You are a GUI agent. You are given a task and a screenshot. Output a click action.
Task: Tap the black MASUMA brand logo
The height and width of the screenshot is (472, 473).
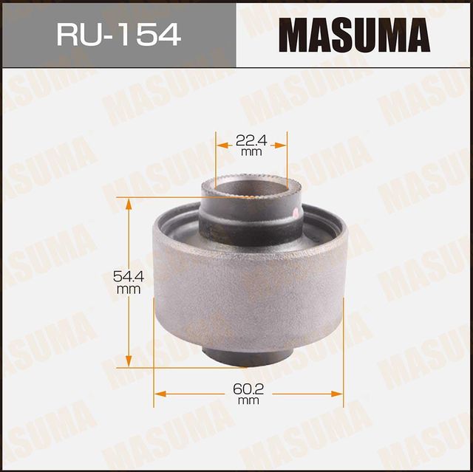tap(355, 35)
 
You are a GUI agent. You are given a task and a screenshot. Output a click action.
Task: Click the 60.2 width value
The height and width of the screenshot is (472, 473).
tap(248, 388)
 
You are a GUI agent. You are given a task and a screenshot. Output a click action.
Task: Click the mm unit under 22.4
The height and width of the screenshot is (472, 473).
tap(251, 152)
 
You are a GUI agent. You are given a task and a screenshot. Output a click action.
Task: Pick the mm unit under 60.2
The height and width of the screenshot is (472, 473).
tap(248, 400)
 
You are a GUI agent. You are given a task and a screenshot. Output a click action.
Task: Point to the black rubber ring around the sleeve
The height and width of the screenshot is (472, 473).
tap(251, 225)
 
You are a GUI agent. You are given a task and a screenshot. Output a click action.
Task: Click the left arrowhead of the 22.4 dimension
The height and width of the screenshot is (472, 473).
tap(219, 146)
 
